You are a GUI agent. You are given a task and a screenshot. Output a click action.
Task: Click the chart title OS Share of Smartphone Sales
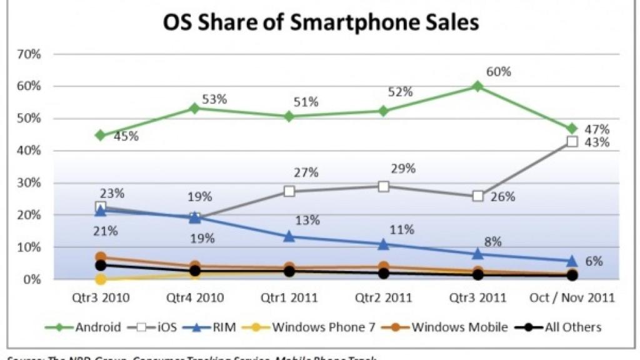(321, 22)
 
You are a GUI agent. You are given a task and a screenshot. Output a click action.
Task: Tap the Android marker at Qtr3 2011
(477, 86)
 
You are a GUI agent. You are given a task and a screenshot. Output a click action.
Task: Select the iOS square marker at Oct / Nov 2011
(572, 142)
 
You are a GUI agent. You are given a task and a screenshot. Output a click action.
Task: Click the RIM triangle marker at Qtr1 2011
(289, 236)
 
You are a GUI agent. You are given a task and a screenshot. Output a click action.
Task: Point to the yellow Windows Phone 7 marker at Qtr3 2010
(100, 279)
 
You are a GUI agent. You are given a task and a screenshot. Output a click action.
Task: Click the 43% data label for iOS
(597, 142)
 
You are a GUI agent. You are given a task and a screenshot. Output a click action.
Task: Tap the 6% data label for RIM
(594, 261)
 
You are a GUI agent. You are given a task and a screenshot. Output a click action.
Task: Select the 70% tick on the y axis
(29, 54)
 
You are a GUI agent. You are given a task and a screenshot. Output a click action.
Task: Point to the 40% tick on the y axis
(29, 151)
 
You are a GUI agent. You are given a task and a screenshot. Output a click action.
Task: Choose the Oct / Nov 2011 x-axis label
(572, 297)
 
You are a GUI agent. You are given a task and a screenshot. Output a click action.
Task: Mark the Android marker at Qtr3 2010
(100, 135)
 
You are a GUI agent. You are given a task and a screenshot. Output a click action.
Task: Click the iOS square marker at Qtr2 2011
(383, 186)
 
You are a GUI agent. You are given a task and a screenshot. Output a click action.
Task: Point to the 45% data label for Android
(126, 136)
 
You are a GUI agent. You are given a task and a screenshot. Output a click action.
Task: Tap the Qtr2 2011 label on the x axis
(383, 297)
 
